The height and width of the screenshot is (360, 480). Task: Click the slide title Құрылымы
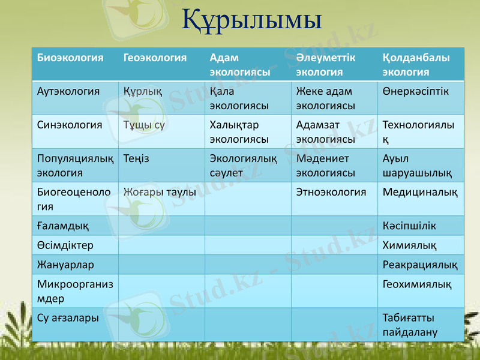tap(252, 19)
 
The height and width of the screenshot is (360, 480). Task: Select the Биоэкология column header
tap(70, 58)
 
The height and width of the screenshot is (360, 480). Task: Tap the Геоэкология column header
tap(155, 58)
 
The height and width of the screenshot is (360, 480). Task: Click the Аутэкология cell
tap(68, 92)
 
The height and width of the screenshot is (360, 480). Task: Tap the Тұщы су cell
tap(144, 125)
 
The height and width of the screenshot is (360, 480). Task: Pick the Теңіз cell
tap(137, 159)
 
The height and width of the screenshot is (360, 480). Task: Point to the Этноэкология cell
tap(331, 193)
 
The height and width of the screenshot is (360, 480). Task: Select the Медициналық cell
tap(419, 193)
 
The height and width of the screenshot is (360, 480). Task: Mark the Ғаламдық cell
tap(63, 226)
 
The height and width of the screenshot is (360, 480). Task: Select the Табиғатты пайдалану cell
tap(410, 325)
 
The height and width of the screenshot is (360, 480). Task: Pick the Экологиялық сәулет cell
tap(243, 166)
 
